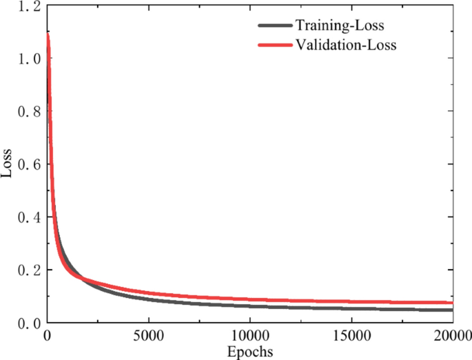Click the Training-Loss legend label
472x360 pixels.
coord(340,26)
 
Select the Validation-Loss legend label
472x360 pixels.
coord(346,46)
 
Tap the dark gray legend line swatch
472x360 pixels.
coord(275,26)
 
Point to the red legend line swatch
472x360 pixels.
coord(275,46)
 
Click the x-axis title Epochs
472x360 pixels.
coord(249,352)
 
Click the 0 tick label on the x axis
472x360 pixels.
coord(47,337)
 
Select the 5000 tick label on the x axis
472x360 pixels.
coord(148,337)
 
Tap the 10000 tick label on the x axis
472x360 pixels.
coord(249,337)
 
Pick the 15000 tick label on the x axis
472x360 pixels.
coord(351,337)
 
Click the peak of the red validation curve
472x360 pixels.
coord(48,34)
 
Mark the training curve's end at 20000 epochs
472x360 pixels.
coord(452,310)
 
